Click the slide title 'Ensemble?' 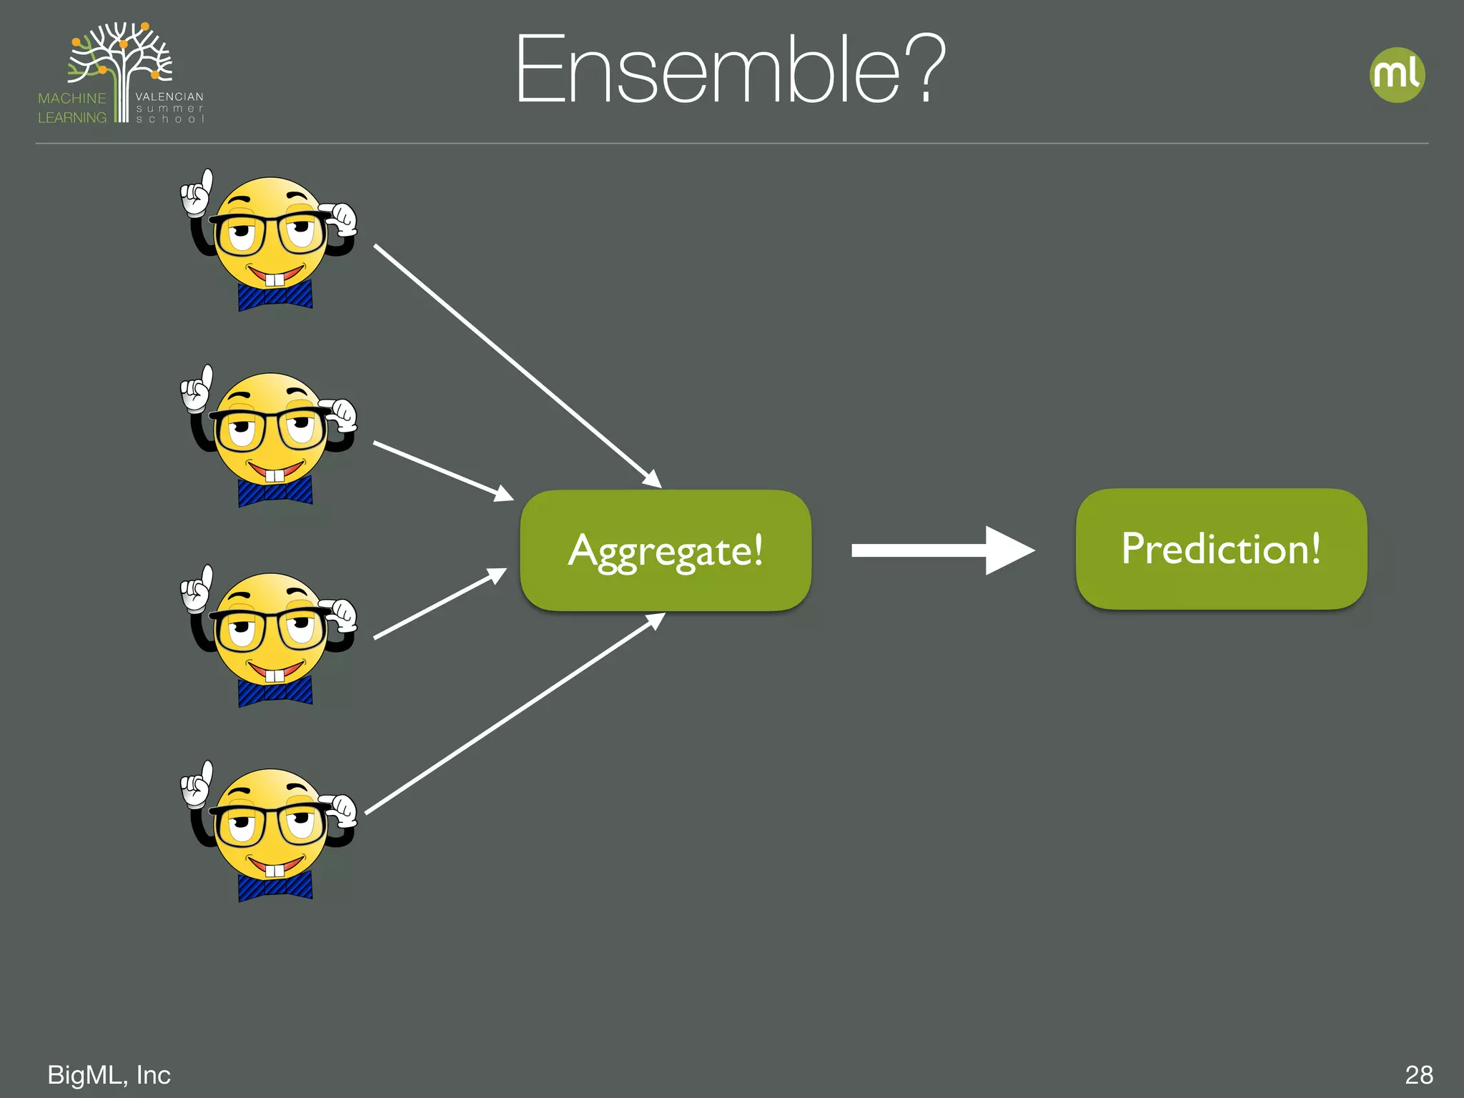point(729,69)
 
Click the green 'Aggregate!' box point(666,550)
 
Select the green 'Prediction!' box point(1221,549)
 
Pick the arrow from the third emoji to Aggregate point(440,604)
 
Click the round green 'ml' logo point(1397,75)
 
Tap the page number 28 point(1418,1074)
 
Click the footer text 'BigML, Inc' point(109,1074)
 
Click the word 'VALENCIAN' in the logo point(169,97)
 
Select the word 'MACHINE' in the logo point(71,99)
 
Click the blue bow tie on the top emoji point(275,295)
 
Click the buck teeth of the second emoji point(275,475)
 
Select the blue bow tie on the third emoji point(275,691)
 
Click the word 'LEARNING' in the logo point(71,118)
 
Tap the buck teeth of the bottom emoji point(275,871)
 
